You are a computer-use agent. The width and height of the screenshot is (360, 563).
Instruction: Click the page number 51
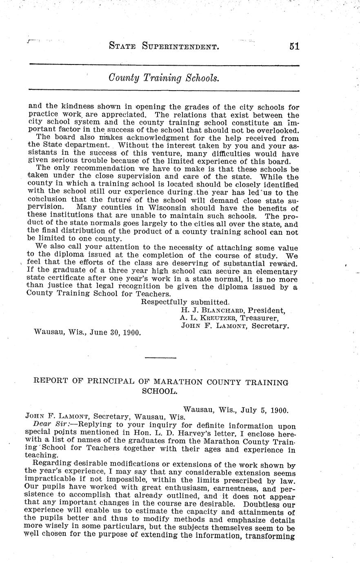294,47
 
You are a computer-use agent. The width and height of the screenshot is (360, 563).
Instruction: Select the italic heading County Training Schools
164,78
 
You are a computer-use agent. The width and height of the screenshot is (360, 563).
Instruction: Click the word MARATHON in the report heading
175,382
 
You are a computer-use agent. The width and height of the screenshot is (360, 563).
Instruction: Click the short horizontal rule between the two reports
160,358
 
